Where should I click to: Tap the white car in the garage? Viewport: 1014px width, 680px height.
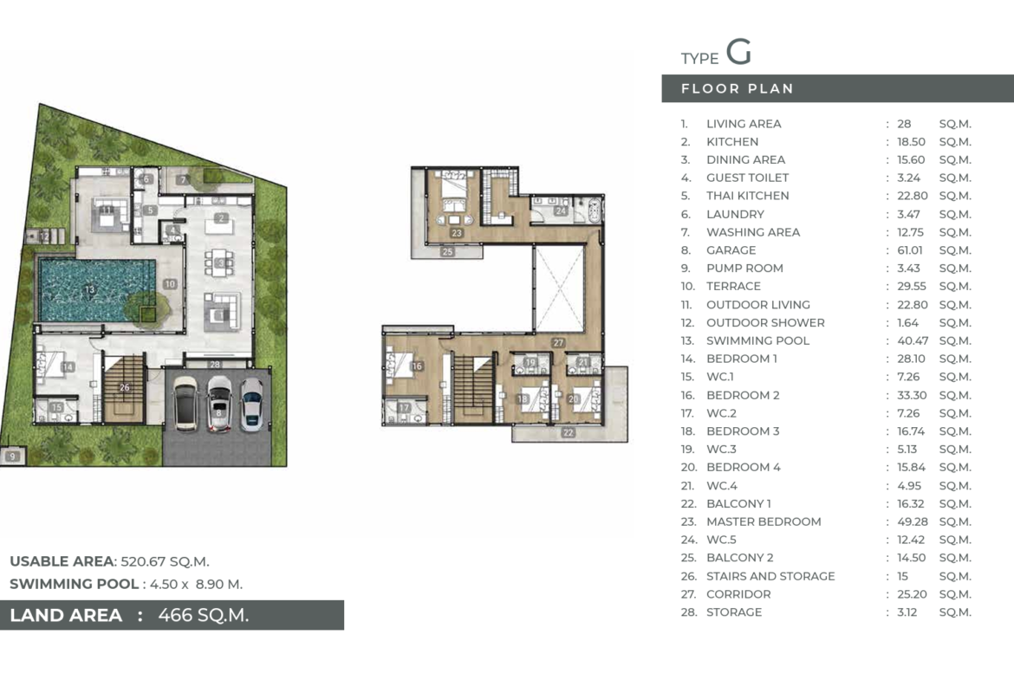tap(220, 404)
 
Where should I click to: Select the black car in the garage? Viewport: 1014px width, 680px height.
tap(185, 404)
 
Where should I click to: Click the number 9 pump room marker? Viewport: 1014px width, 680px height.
tap(12, 457)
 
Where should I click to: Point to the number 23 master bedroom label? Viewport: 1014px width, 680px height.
tap(458, 233)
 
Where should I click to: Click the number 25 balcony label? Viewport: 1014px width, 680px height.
tap(447, 252)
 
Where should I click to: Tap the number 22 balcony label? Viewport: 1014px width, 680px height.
tap(568, 432)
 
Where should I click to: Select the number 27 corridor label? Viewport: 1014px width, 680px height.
tap(558, 342)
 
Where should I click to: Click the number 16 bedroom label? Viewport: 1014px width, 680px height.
tap(417, 366)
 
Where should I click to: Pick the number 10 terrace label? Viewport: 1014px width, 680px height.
tap(170, 284)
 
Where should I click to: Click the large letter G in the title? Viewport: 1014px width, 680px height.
tap(738, 52)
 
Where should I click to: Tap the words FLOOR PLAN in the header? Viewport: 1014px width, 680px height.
tap(738, 88)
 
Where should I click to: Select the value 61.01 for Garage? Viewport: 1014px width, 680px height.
tap(910, 250)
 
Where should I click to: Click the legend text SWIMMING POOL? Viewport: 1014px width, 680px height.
tap(758, 340)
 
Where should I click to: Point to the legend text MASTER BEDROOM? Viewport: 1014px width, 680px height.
tap(764, 521)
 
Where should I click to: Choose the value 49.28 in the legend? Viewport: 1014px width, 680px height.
tap(913, 521)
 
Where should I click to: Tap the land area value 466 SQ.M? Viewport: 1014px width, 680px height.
tap(204, 615)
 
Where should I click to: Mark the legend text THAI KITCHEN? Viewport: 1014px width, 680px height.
tap(748, 196)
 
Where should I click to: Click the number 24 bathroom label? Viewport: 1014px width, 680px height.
tap(561, 210)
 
